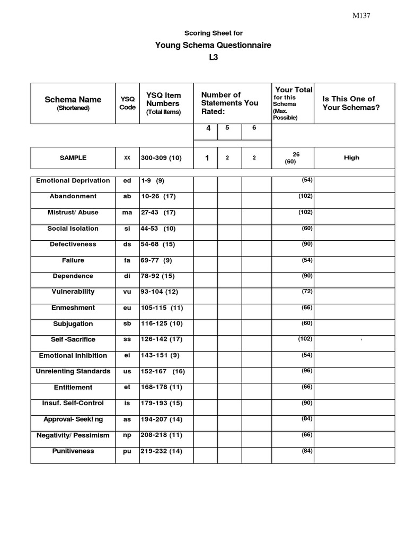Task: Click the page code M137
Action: [361, 16]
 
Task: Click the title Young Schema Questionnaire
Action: [213, 45]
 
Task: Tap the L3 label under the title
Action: [213, 57]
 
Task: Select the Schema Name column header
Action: [73, 100]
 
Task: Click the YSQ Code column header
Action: [127, 103]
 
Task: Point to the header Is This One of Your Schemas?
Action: [351, 103]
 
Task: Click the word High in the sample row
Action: [351, 157]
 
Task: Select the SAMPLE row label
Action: [73, 158]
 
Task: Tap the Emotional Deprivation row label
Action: [73, 181]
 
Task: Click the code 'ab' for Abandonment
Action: [127, 197]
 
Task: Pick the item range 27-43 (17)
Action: [158, 213]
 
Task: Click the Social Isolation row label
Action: [73, 229]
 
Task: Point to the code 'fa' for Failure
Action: [127, 260]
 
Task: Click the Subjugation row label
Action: [73, 324]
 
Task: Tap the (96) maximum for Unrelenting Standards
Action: [307, 371]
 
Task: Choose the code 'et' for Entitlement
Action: [127, 388]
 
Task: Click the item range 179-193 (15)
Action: [162, 404]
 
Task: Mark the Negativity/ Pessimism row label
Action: [73, 435]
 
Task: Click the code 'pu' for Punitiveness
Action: [127, 451]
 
